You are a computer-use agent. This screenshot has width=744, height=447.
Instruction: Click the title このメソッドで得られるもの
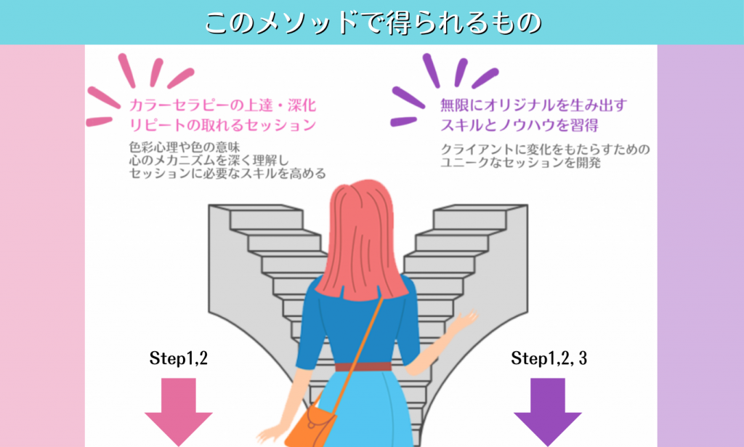(372, 22)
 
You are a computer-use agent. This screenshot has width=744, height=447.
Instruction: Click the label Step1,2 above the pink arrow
(179, 358)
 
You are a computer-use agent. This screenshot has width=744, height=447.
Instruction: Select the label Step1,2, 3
(549, 358)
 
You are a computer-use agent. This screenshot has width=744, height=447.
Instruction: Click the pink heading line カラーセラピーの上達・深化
(222, 105)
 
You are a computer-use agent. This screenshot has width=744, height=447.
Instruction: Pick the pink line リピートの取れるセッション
(222, 124)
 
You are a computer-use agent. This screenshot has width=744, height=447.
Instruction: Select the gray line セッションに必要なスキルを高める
(227, 174)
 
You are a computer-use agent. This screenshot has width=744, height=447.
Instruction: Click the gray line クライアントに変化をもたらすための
(545, 150)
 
